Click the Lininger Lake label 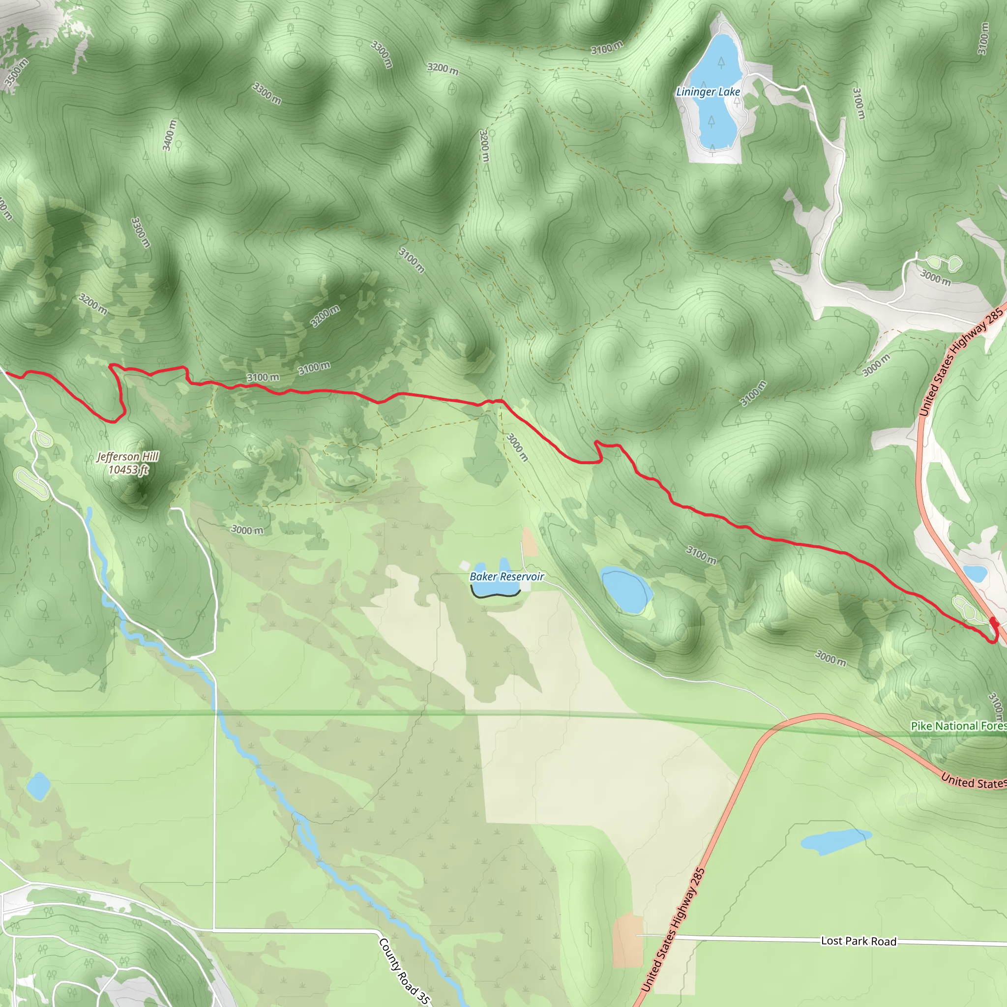pyautogui.click(x=708, y=92)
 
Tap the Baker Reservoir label pyautogui.click(x=506, y=576)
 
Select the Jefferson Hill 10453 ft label pyautogui.click(x=128, y=463)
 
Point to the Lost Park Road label pyautogui.click(x=859, y=941)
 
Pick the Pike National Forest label pyautogui.click(x=958, y=726)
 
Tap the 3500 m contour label pyautogui.click(x=16, y=72)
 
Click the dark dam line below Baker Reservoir pyautogui.click(x=495, y=593)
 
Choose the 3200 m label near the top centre pyautogui.click(x=443, y=68)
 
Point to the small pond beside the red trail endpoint pyautogui.click(x=975, y=573)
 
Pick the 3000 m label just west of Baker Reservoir pyautogui.click(x=247, y=530)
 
